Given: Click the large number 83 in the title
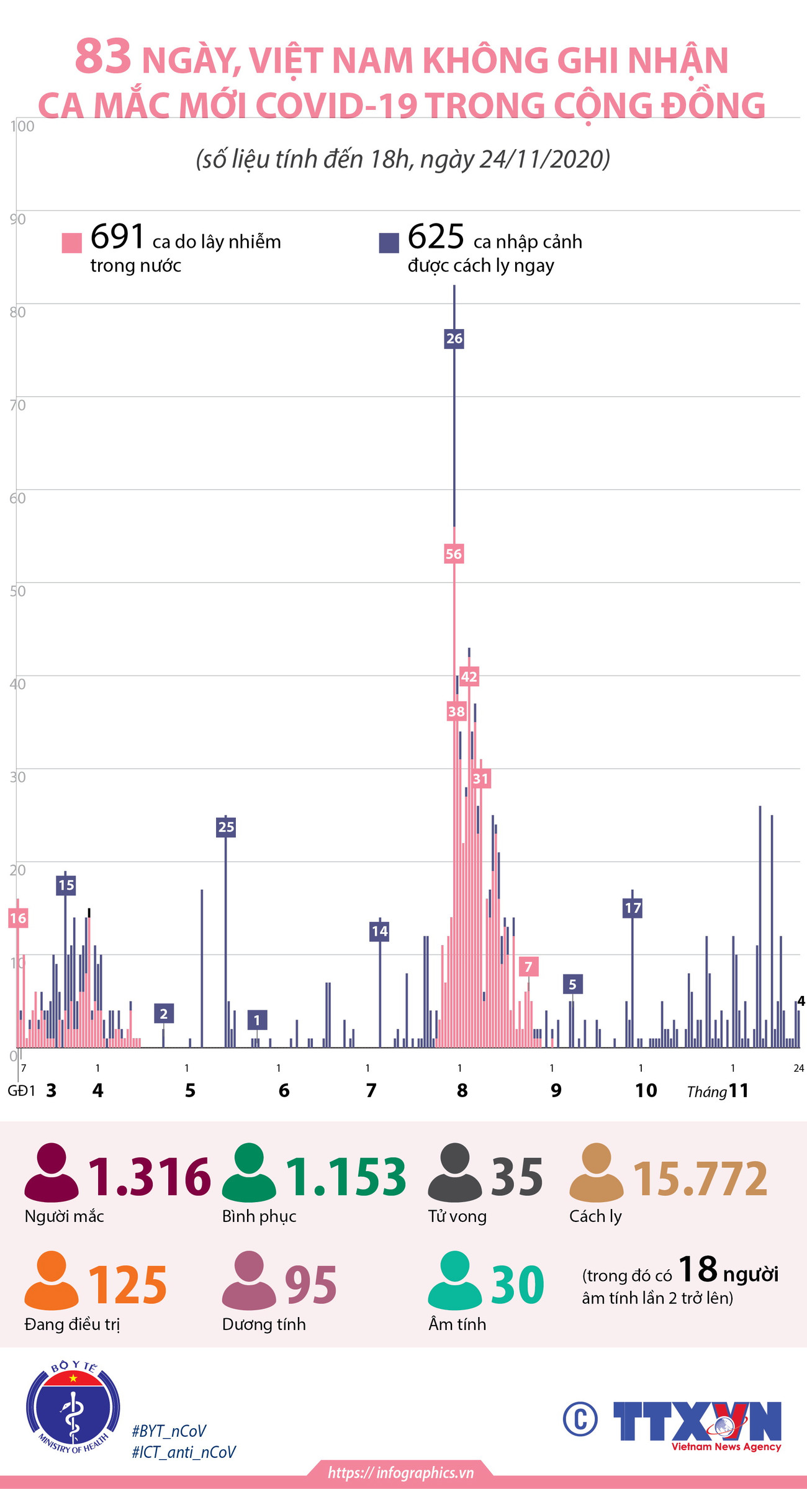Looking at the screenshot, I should click(x=103, y=57).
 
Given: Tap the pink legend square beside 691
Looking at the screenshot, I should click(x=72, y=243).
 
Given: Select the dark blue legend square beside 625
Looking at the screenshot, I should click(x=389, y=243).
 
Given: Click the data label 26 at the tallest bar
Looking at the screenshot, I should click(x=454, y=338).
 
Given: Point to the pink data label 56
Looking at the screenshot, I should click(x=454, y=554).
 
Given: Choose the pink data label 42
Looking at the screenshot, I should click(x=469, y=677).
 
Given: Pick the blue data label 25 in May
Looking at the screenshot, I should click(x=226, y=827).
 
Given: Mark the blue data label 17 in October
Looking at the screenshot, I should click(x=632, y=908).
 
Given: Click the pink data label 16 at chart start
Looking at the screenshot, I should click(x=18, y=918).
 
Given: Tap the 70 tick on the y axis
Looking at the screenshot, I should click(x=17, y=405).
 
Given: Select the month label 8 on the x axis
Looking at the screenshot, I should click(x=462, y=1090).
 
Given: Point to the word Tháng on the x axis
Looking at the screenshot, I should click(x=706, y=1092).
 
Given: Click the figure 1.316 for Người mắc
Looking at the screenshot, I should click(x=150, y=1177).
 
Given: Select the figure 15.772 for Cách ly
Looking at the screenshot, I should click(x=700, y=1178).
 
